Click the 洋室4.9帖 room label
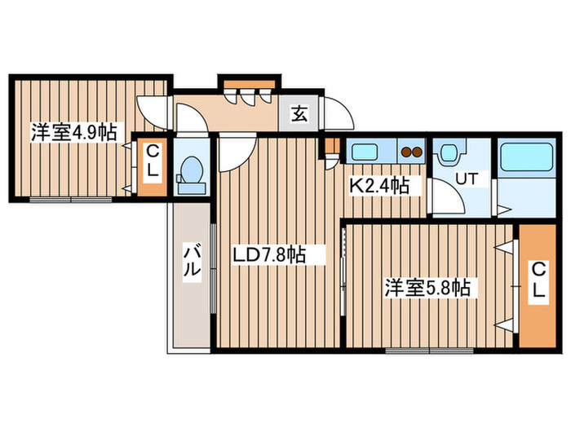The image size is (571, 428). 73,131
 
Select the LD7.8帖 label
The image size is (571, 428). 269,256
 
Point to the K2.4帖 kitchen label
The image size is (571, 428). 379,186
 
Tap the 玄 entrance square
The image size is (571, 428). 299,114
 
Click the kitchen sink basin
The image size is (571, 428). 363,151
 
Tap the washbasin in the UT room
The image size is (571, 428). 448,152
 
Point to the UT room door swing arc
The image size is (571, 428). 445,197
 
